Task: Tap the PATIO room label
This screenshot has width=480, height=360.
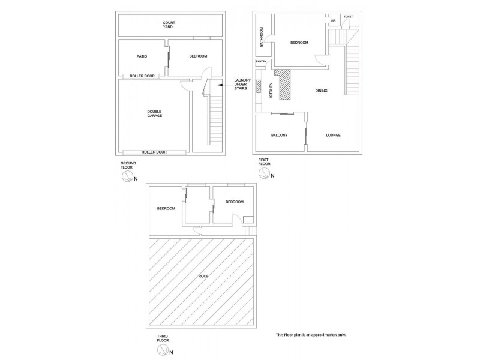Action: click(x=142, y=56)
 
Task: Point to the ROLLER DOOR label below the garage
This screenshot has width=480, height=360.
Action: click(x=154, y=152)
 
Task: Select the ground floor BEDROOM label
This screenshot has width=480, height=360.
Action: click(x=198, y=56)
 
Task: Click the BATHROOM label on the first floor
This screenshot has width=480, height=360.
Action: click(x=262, y=37)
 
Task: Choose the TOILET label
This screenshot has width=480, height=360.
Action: click(x=349, y=17)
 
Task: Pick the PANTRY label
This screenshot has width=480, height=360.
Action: click(x=261, y=61)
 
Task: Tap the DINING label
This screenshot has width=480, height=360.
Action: click(x=322, y=91)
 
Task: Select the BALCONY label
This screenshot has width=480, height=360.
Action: click(x=280, y=135)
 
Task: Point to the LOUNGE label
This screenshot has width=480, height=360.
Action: click(x=334, y=135)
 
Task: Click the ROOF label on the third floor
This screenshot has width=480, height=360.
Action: click(x=201, y=277)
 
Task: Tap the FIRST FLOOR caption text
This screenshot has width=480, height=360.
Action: click(x=264, y=162)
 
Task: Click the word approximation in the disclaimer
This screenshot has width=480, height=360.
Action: click(x=323, y=335)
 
